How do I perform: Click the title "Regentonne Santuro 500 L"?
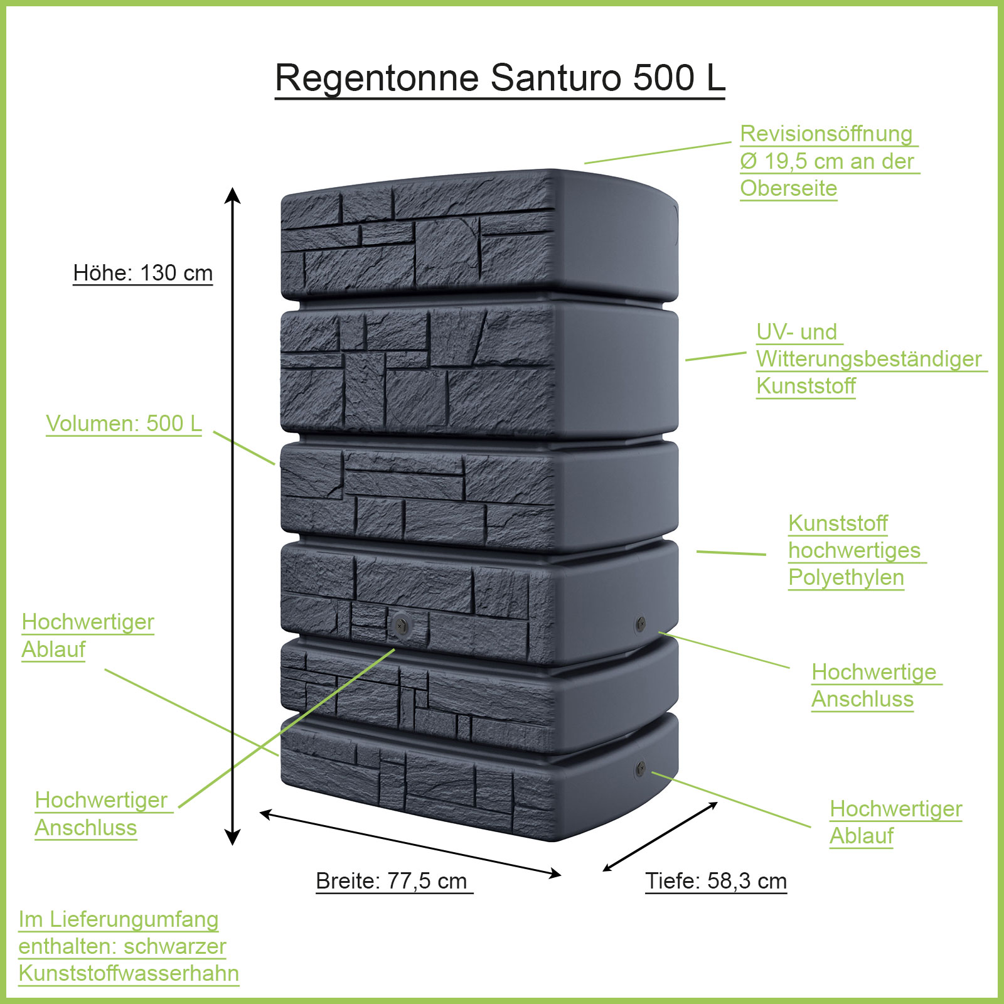(x=500, y=78)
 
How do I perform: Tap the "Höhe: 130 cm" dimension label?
(x=143, y=273)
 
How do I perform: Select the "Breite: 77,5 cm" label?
(x=392, y=881)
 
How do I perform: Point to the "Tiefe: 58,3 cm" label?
(x=716, y=881)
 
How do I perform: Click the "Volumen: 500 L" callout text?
(x=124, y=424)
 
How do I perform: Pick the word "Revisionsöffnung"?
(x=826, y=134)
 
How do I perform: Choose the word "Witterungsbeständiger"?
(x=869, y=359)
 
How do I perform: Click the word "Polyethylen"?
(x=846, y=577)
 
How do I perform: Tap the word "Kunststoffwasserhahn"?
(x=129, y=973)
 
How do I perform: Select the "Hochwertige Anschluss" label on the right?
(x=874, y=685)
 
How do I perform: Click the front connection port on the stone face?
(x=400, y=624)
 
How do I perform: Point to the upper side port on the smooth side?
(x=640, y=623)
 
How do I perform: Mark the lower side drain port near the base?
(x=640, y=767)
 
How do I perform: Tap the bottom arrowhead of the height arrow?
(x=233, y=839)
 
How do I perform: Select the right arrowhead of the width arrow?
(x=555, y=873)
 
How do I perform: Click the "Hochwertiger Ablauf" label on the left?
(x=88, y=636)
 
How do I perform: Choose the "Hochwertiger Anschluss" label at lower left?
(x=100, y=814)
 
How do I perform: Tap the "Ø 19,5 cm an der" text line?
(x=826, y=161)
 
